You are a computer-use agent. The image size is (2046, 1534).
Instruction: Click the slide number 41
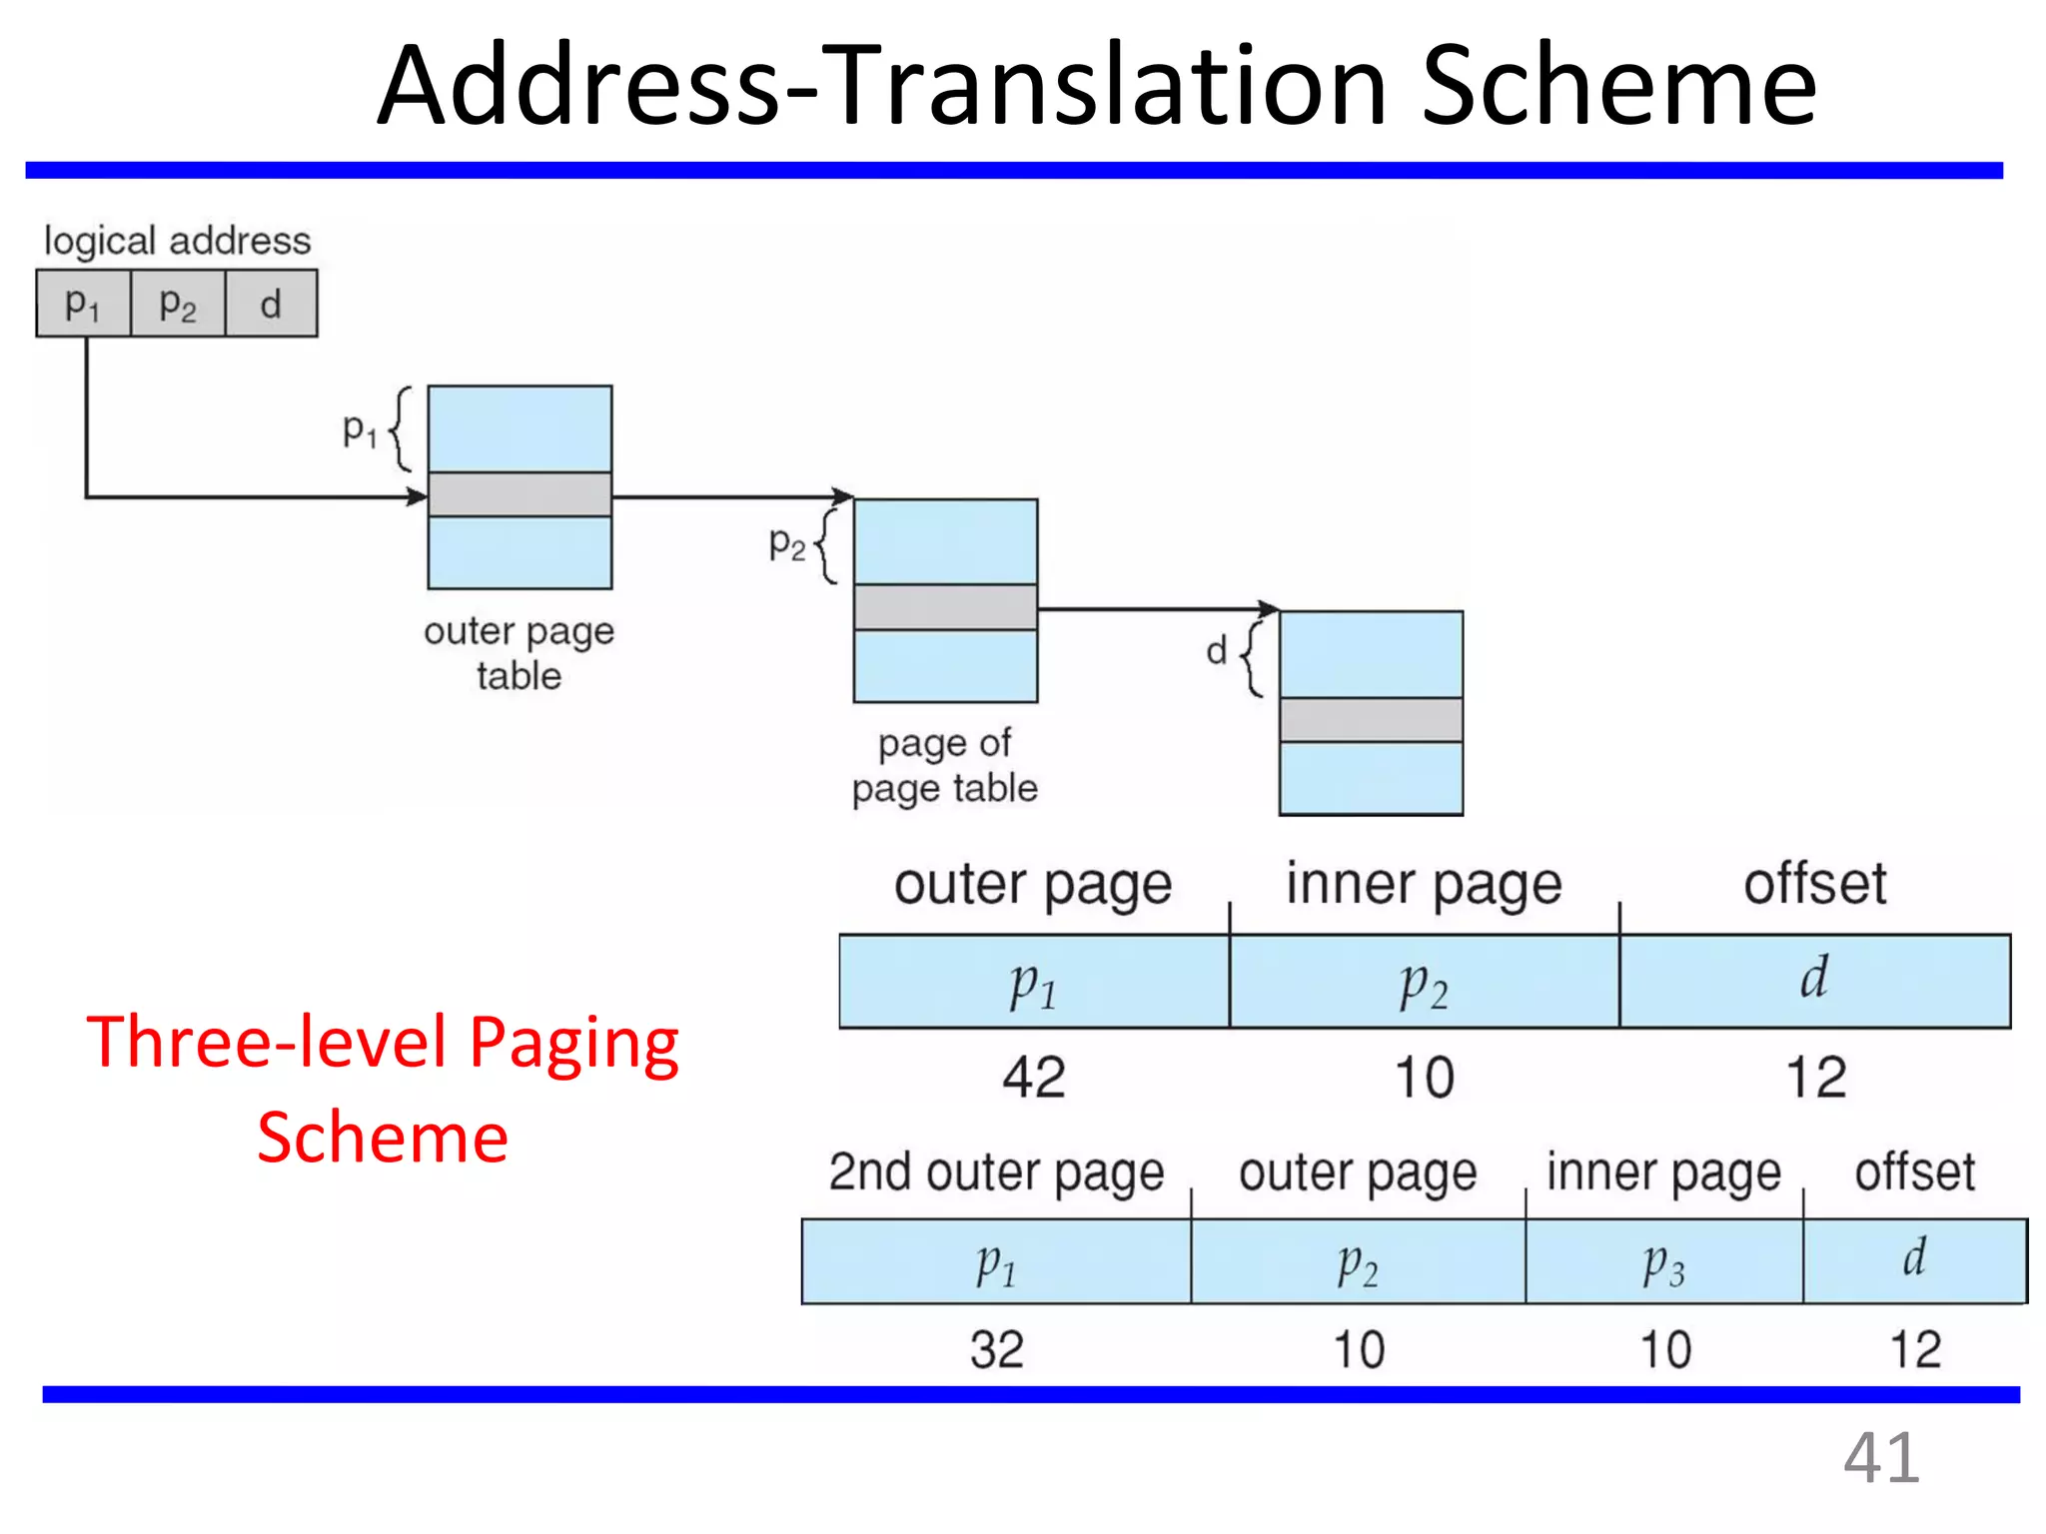pyautogui.click(x=1880, y=1458)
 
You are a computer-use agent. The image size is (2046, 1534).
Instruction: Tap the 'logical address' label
pyautogui.click(x=177, y=241)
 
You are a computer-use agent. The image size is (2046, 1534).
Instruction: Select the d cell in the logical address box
pyautogui.click(x=271, y=304)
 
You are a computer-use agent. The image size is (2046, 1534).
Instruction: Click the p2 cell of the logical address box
pyautogui.click(x=178, y=304)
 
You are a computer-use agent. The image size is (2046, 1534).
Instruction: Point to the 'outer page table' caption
pyautogui.click(x=518, y=653)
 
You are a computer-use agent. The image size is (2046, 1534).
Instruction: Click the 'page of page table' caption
pyautogui.click(x=944, y=765)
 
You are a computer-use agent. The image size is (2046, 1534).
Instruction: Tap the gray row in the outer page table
pyautogui.click(x=519, y=494)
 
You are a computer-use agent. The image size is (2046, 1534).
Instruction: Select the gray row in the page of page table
pyautogui.click(x=945, y=607)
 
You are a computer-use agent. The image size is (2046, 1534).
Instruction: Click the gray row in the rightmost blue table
pyautogui.click(x=1371, y=719)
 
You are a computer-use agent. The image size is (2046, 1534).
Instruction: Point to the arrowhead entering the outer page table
pyautogui.click(x=417, y=496)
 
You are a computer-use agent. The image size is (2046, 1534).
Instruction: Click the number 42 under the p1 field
pyautogui.click(x=1034, y=1078)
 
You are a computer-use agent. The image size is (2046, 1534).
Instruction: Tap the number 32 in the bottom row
pyautogui.click(x=996, y=1349)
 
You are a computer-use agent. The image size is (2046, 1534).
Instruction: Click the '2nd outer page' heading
pyautogui.click(x=996, y=1171)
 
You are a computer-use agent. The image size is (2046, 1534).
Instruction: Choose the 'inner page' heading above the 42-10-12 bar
pyautogui.click(x=1424, y=884)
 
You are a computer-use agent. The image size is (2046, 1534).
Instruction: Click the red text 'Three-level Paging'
pyautogui.click(x=383, y=1042)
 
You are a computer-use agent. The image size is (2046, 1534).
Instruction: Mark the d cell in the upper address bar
pyautogui.click(x=1814, y=980)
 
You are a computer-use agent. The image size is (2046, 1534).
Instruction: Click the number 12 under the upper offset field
pyautogui.click(x=1815, y=1078)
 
